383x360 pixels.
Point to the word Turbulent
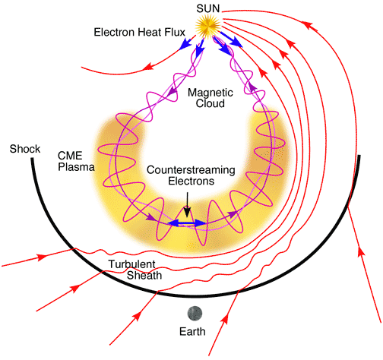[128, 264]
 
